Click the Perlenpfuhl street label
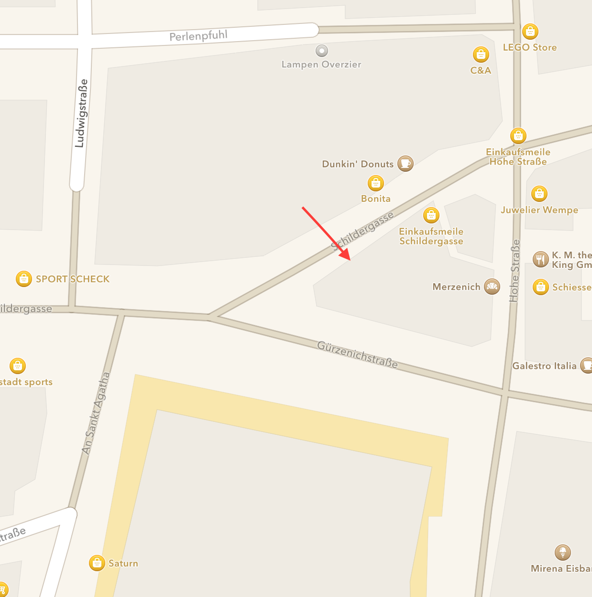(198, 36)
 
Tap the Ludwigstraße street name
(82, 113)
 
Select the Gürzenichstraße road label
(357, 354)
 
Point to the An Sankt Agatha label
(96, 413)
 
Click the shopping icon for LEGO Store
(530, 32)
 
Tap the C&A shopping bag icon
(481, 55)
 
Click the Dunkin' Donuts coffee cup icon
(406, 163)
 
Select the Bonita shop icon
(376, 183)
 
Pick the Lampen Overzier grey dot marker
(322, 50)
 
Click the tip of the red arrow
(351, 260)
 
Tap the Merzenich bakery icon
(492, 287)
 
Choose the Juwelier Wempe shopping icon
(539, 194)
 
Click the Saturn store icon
(97, 563)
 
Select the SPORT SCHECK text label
(73, 279)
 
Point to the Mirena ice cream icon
(563, 553)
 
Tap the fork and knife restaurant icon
(540, 259)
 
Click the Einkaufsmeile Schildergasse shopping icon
(431, 215)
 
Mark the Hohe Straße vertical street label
(515, 271)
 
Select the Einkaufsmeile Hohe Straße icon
(518, 136)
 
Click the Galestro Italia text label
(544, 366)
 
